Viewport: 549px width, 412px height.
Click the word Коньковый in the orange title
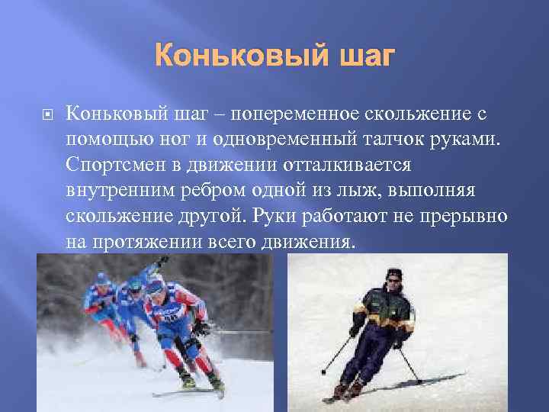pos(234,56)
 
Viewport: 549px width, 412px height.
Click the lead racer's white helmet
pos(155,287)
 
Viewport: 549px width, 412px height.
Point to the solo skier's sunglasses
pos(393,280)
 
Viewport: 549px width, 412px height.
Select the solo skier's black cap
pos(393,273)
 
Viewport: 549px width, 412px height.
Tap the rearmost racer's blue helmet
pos(102,279)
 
